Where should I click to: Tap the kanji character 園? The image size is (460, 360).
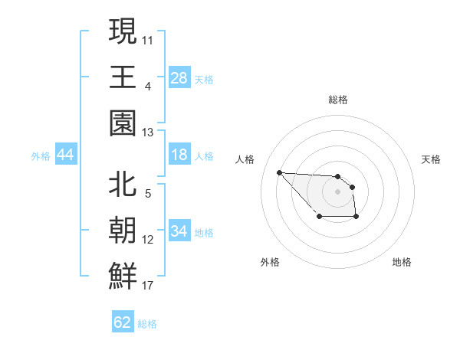pos(123,122)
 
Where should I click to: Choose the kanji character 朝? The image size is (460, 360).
pos(123,230)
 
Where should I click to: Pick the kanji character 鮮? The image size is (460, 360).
pos(123,275)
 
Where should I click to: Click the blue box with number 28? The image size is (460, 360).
pos(179,77)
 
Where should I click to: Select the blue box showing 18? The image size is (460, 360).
pos(179,155)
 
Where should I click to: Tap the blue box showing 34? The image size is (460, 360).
pos(179,231)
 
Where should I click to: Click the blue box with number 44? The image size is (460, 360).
pos(66,155)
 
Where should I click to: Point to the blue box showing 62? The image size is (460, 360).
pos(123,322)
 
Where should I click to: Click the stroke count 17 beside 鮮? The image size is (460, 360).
pos(148,286)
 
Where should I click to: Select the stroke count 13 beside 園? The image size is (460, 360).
pos(148,133)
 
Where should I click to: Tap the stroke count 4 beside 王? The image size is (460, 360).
pos(148,87)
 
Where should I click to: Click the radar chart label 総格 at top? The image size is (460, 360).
pos(338,100)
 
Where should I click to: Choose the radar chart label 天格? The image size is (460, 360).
pos(432,159)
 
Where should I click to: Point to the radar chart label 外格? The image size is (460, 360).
pos(270,262)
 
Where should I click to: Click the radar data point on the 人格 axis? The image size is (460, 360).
pos(279,172)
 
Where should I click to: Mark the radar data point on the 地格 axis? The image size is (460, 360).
pos(356,218)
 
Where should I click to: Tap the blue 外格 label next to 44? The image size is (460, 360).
pos(41,155)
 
